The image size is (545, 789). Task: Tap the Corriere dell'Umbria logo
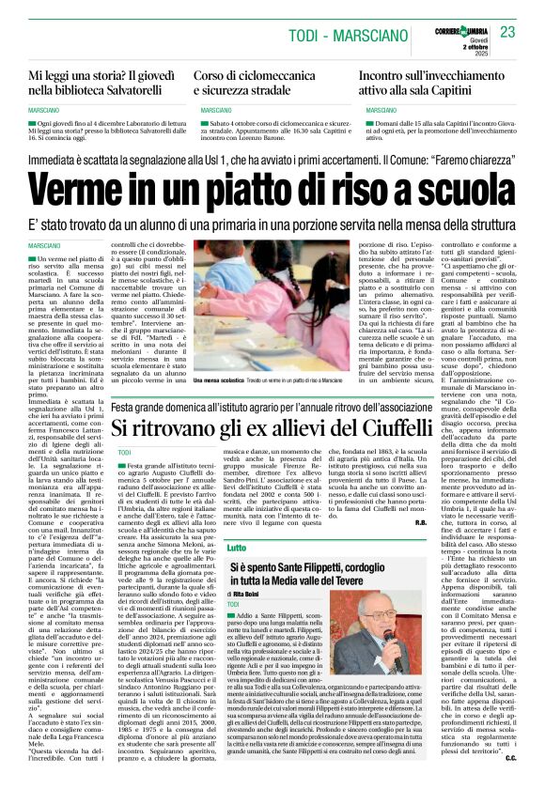(x=459, y=22)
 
